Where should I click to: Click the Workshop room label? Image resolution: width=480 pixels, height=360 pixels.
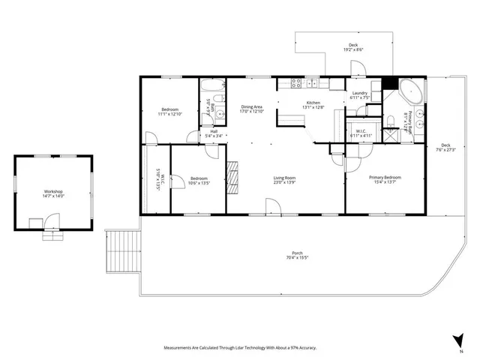pos(53,193)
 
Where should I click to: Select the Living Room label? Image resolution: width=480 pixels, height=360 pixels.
pos(285,180)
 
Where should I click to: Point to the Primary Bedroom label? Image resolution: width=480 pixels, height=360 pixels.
pos(385,180)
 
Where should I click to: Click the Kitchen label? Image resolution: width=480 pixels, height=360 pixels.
pos(313,104)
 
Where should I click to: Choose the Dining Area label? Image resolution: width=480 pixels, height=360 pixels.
pos(251,109)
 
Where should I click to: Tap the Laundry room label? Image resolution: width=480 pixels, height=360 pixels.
pos(360,95)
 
